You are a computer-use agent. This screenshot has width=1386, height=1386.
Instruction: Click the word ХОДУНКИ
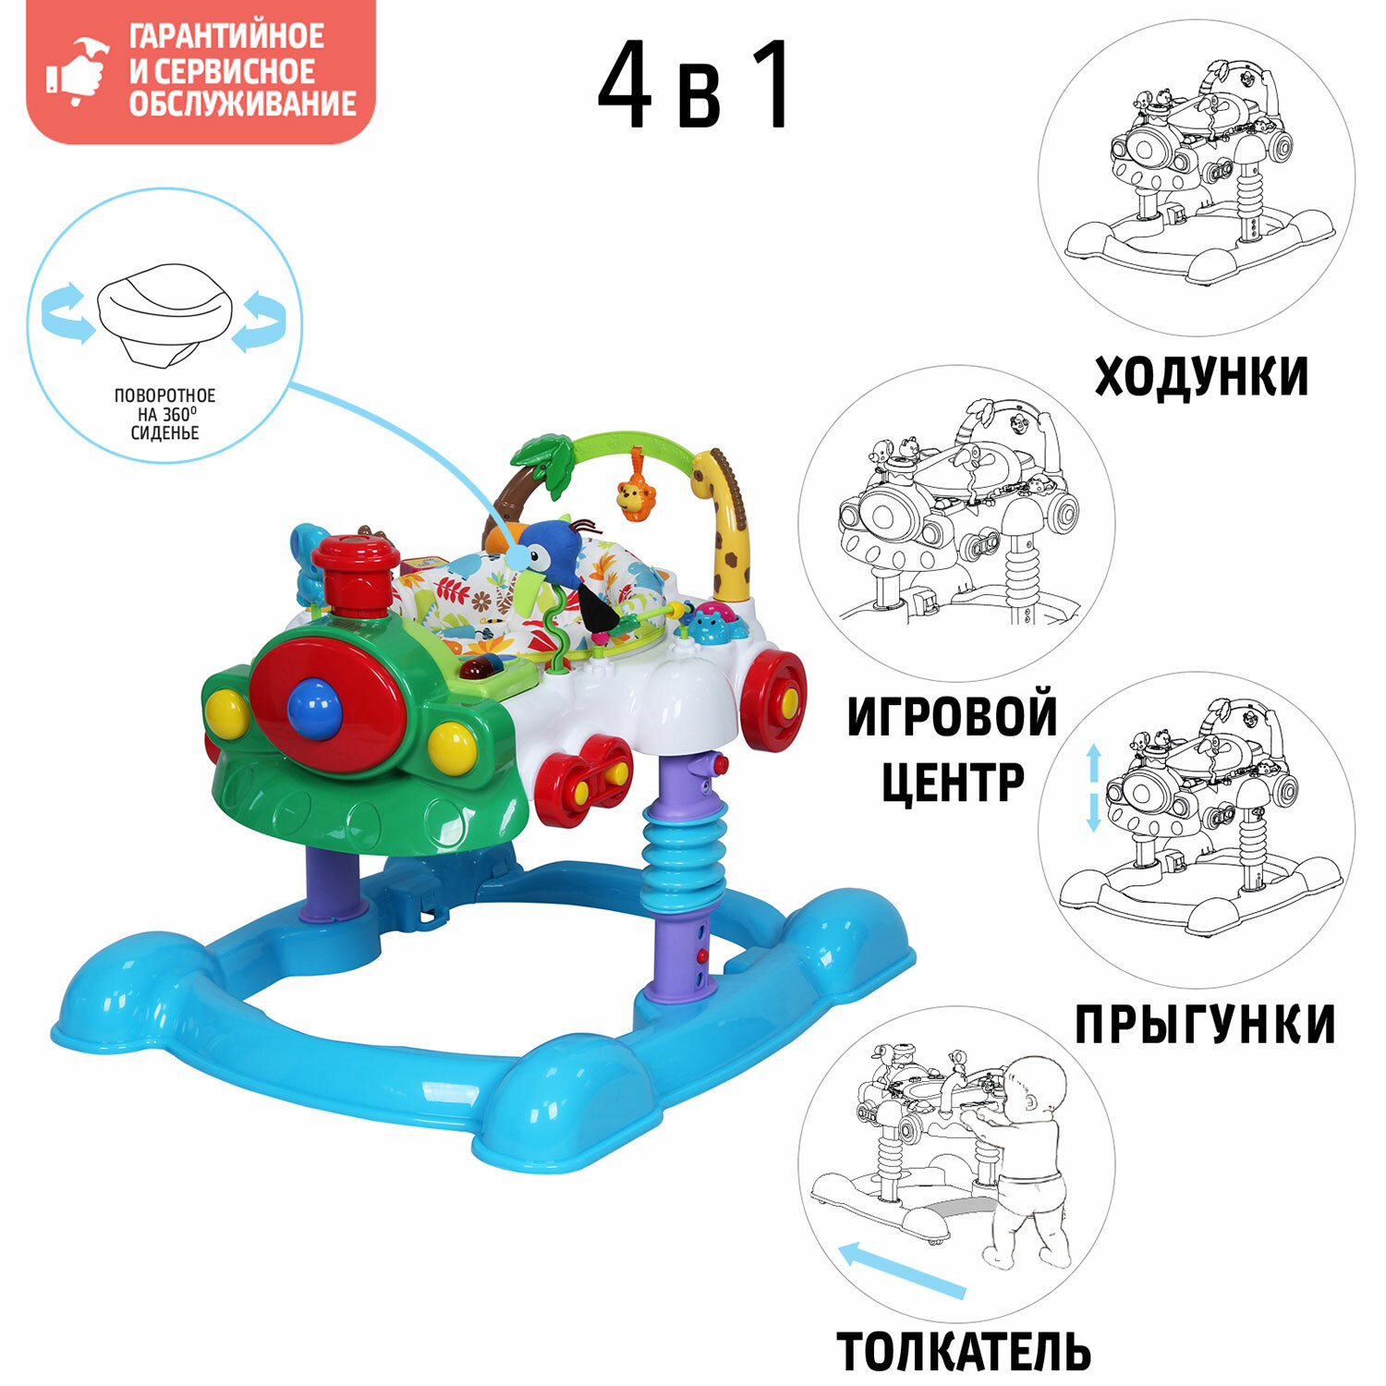1201,376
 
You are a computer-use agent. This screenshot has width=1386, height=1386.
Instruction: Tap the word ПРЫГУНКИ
1205,1024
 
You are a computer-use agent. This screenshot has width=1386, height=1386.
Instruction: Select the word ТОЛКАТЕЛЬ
964,1352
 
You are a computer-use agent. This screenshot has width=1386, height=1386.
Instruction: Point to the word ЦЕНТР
953,783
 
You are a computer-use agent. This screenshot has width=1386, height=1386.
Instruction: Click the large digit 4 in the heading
626,87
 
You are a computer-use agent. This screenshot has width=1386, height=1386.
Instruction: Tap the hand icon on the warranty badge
78,70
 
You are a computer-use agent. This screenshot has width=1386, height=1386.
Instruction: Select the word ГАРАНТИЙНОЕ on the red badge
226,37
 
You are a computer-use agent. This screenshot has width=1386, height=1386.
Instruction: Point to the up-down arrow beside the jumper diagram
1093,789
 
